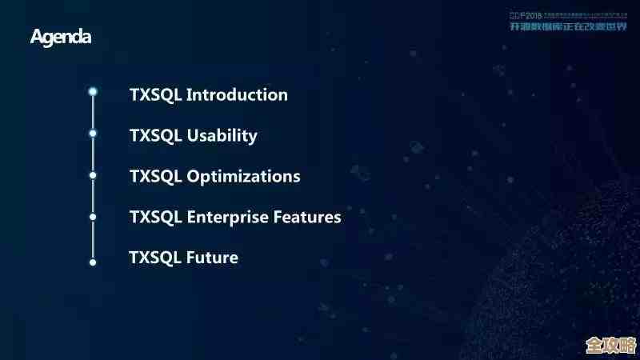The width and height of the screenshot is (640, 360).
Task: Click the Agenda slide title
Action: tap(61, 37)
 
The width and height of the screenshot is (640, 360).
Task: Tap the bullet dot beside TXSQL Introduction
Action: tap(93, 92)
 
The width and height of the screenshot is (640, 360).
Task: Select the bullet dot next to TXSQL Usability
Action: tap(93, 133)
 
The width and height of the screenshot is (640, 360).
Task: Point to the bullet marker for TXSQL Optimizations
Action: tap(93, 174)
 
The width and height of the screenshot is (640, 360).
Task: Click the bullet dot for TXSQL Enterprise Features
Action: tap(93, 216)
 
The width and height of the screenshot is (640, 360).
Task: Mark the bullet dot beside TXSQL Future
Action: tap(93, 262)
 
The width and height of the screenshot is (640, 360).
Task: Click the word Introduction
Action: tap(237, 94)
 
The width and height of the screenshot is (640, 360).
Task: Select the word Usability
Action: tap(222, 136)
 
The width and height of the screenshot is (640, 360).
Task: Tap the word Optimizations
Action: tap(243, 176)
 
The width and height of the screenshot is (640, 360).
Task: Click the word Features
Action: tap(307, 217)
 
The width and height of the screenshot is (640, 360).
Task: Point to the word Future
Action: tap(212, 258)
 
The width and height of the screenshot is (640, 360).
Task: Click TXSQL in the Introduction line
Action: tap(156, 94)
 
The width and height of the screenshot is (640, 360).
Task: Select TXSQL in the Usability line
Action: tap(156, 135)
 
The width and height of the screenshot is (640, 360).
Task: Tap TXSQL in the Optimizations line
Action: tap(156, 176)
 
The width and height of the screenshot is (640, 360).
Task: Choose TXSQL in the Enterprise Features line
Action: tap(156, 217)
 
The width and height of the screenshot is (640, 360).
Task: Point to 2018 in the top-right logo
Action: tap(532, 14)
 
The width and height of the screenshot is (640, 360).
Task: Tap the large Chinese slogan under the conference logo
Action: tap(569, 26)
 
